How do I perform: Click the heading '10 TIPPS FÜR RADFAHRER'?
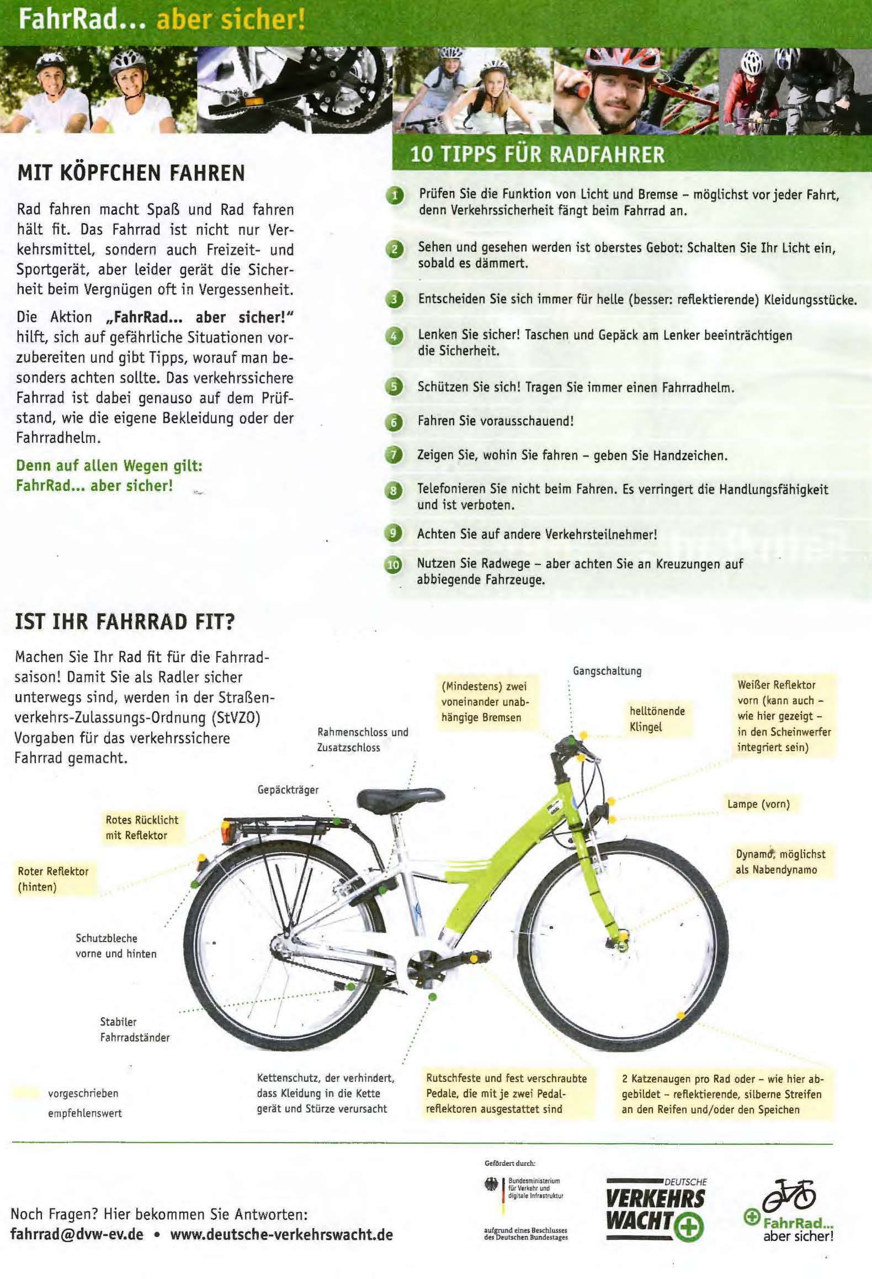click(537, 154)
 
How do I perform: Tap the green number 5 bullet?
click(394, 387)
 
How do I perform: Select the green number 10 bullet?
click(393, 565)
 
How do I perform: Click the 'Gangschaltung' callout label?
click(607, 671)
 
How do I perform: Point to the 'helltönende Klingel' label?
click(657, 718)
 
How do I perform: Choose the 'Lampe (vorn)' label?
click(758, 804)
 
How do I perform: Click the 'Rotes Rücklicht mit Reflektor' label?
click(142, 827)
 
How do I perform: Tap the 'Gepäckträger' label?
click(288, 790)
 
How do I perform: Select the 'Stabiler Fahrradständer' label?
click(135, 1029)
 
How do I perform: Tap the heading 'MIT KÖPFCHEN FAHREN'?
click(131, 173)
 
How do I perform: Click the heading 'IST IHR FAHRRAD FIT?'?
click(125, 621)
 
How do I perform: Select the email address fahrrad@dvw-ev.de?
click(77, 1234)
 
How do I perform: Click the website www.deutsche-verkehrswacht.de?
click(281, 1234)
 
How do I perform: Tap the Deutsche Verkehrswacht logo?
click(656, 1211)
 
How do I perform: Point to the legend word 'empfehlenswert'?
click(85, 1113)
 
